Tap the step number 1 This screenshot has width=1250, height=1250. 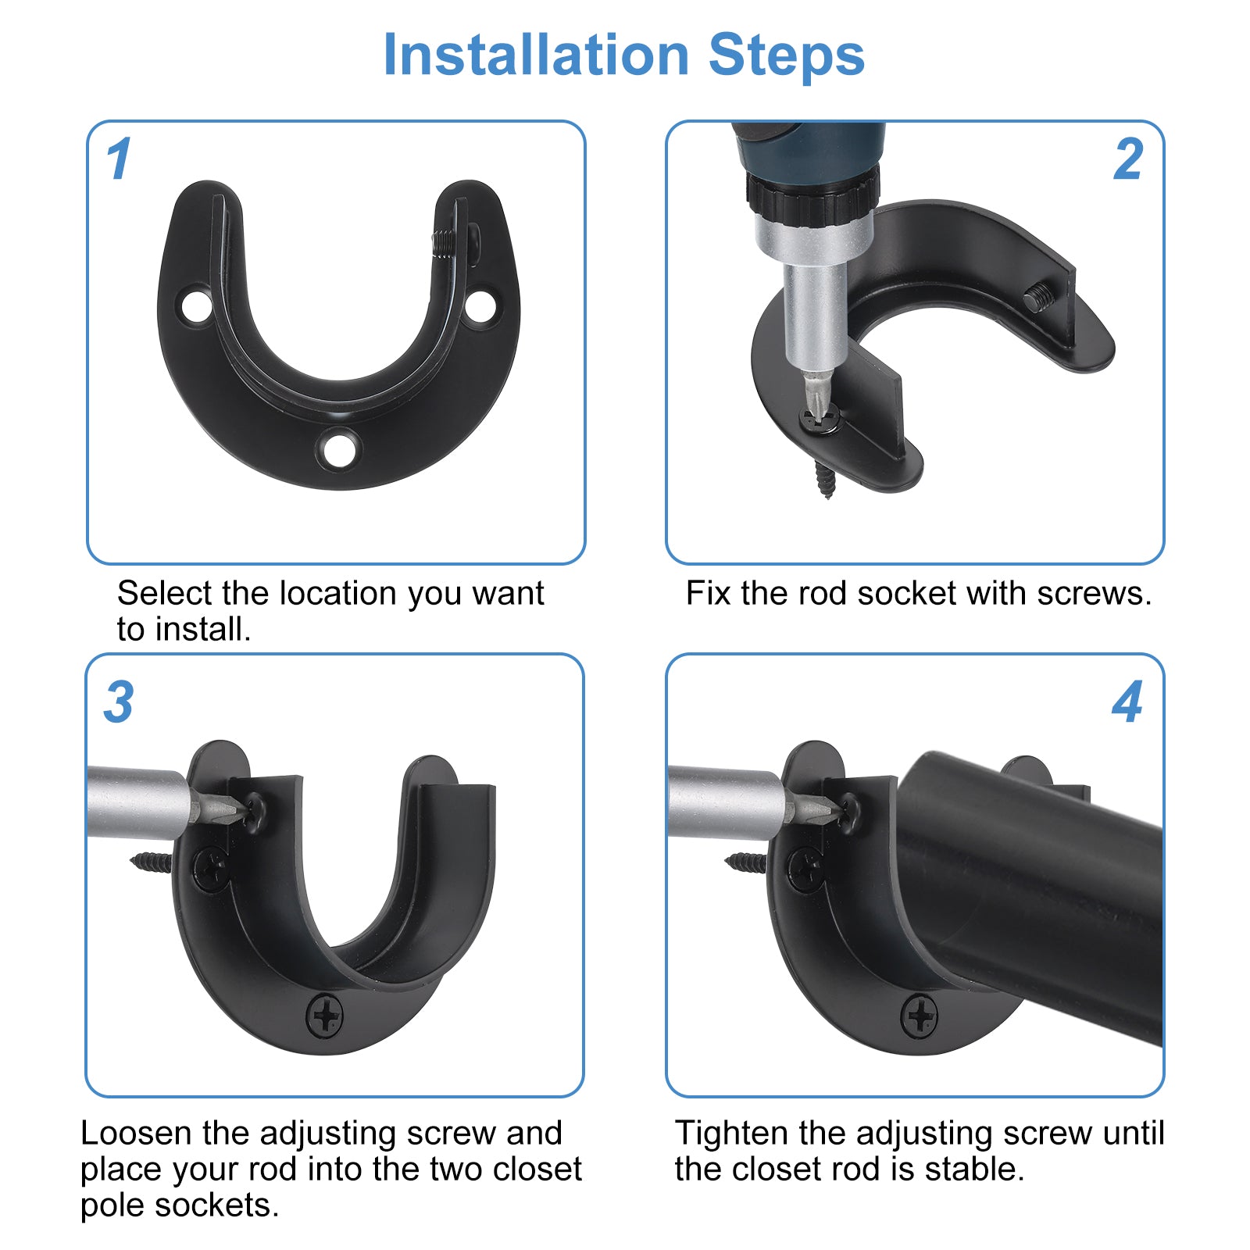119,159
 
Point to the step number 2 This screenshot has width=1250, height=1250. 1128,159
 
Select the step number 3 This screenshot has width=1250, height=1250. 119,702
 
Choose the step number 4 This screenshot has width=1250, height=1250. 1128,702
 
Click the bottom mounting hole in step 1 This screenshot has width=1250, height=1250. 339,448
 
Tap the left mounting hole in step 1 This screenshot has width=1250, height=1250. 196,305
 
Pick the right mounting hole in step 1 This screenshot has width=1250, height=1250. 480,305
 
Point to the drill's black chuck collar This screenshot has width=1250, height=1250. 812,197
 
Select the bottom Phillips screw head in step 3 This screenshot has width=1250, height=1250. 324,1016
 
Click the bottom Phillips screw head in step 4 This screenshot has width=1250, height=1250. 920,1016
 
